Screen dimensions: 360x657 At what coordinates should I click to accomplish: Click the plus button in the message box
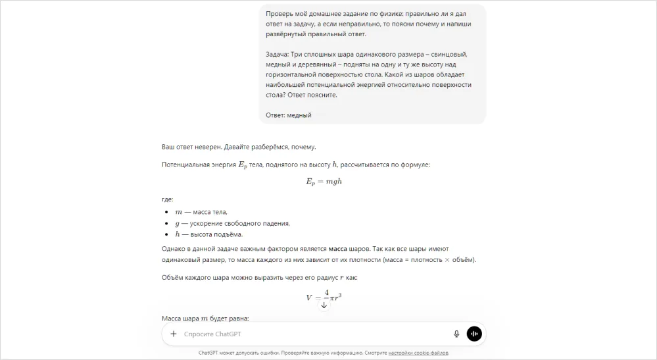[x=174, y=334]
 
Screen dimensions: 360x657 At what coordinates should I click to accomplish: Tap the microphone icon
[x=456, y=334]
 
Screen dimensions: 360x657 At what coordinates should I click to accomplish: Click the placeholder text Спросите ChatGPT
[x=212, y=334]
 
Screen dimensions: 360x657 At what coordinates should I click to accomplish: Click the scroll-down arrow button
[x=324, y=305]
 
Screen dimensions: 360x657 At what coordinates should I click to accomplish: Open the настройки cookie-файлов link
[x=418, y=353]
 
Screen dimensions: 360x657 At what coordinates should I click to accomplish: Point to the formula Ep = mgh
[x=324, y=181]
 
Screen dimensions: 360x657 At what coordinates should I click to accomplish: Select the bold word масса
[x=338, y=249]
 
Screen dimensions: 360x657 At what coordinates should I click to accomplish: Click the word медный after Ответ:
[x=300, y=115]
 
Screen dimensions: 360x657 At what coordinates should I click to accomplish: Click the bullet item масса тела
[x=201, y=212]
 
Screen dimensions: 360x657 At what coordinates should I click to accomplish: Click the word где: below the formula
[x=168, y=199]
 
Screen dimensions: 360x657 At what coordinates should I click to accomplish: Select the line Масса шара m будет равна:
[x=205, y=319]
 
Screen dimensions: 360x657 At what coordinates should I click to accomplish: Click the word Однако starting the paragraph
[x=174, y=249]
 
